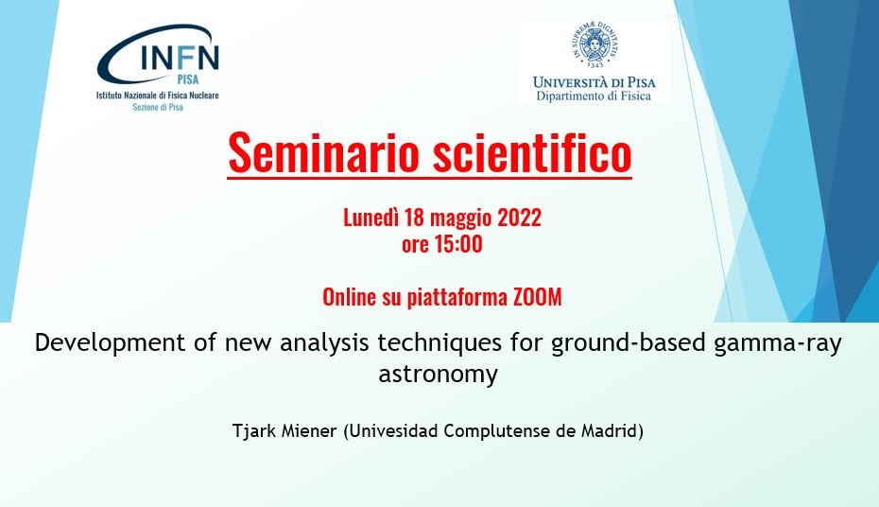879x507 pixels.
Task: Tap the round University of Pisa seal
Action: [595, 44]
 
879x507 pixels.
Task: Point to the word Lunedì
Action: [371, 218]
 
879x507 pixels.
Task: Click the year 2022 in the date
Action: [519, 218]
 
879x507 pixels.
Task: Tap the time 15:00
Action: [458, 244]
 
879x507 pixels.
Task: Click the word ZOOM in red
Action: [538, 297]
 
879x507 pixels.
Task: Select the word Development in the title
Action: [110, 342]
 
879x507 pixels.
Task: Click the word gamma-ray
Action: [778, 343]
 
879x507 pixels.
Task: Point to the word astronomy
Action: [439, 374]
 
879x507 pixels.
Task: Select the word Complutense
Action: [496, 430]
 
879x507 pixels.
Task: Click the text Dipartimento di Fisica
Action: [594, 96]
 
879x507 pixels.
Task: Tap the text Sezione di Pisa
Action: [158, 107]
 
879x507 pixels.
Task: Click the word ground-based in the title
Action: [628, 343]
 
